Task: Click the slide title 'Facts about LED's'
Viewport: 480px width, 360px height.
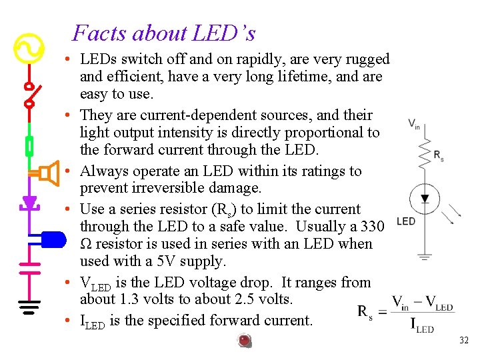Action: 163,33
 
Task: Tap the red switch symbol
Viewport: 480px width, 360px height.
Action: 29,94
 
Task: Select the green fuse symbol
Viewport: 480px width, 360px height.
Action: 29,145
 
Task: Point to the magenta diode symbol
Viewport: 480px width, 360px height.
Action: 29,202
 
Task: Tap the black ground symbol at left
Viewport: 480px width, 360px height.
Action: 29,307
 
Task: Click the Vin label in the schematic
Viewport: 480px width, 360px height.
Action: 413,124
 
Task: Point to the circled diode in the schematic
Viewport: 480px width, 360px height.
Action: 424,198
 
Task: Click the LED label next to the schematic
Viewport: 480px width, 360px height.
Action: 405,221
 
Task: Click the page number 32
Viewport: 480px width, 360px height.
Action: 464,341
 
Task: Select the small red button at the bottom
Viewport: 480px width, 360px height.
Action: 245,341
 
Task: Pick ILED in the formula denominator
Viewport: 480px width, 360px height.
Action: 420,327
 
